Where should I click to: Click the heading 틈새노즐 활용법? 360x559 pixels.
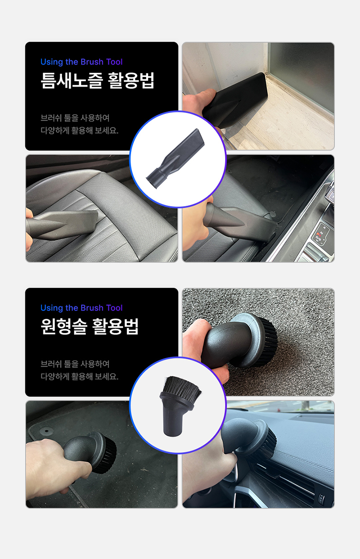pos(97,80)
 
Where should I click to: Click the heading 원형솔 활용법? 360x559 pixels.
pos(90,327)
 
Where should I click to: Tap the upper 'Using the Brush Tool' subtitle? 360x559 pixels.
pos(81,62)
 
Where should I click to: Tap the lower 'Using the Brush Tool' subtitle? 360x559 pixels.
pos(81,308)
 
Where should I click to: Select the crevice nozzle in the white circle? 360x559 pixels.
pos(175,159)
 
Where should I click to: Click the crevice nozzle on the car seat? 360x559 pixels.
pos(62,225)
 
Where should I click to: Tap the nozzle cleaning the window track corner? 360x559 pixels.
pos(234,100)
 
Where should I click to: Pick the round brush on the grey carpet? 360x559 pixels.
pos(240,341)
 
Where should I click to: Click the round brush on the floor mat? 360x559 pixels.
pos(90,452)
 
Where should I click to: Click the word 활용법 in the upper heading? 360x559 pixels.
pos(132,80)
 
